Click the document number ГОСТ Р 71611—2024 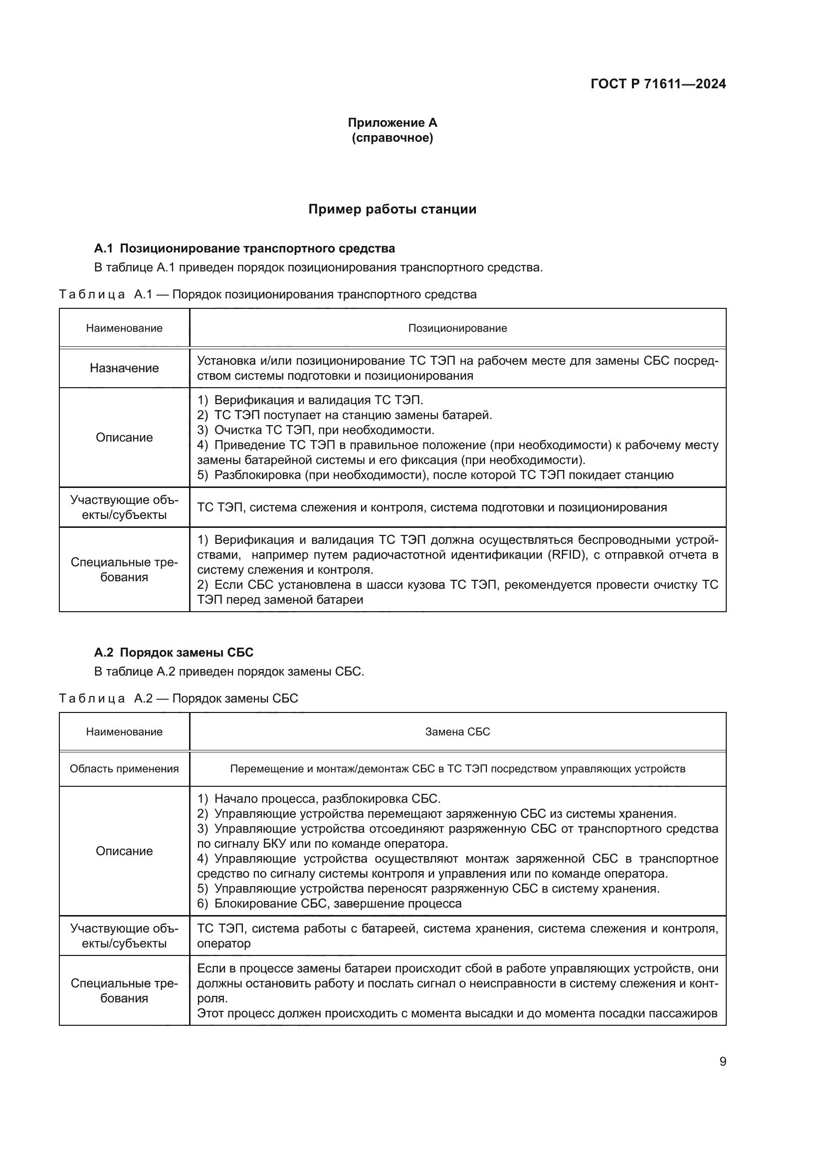tap(658, 84)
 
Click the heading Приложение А tap(392, 123)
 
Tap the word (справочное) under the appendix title tap(392, 138)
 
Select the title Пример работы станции tap(392, 210)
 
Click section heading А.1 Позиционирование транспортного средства tap(244, 248)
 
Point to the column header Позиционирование tap(457, 328)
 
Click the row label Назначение tap(124, 368)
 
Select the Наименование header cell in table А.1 tap(124, 328)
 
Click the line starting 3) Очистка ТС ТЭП tap(315, 430)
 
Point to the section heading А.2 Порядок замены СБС tap(174, 653)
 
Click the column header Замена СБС tap(457, 732)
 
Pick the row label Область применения tap(124, 768)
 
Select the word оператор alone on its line tap(223, 943)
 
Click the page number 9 tap(722, 1062)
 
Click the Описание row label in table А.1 tap(124, 437)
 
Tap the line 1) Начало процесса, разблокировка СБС tap(319, 798)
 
